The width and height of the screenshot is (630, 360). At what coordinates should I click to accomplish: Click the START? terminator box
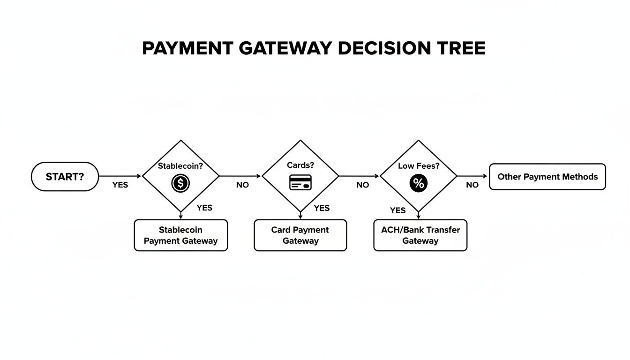point(65,177)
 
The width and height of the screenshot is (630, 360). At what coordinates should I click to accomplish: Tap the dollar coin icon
point(180,183)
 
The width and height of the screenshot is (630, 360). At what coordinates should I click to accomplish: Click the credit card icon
point(300,182)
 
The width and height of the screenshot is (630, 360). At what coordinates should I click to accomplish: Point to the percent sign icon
point(418,183)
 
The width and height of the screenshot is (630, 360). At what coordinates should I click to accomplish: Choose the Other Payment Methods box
point(547,177)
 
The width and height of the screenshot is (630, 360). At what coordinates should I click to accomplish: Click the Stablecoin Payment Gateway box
point(180,235)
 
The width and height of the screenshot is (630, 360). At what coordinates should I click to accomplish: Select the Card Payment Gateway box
point(300,235)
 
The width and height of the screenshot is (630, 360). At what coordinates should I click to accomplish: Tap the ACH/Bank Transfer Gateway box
point(420,235)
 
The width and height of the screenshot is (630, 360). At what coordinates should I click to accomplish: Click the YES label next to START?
point(120,185)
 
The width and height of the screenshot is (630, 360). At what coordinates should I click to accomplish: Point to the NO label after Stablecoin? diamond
point(242,185)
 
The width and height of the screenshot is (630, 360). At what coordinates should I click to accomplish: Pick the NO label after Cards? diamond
point(362,185)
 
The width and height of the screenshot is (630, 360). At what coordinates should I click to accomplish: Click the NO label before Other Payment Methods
point(472,185)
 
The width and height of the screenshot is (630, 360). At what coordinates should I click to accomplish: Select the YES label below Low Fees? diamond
point(397,210)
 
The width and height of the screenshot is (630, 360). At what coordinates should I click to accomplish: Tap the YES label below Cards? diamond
point(322,208)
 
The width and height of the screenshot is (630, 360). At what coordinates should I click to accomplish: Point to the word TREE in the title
point(460,49)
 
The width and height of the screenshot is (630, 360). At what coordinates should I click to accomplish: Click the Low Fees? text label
point(418,166)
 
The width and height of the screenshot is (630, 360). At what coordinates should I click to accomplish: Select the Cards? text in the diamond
point(300,165)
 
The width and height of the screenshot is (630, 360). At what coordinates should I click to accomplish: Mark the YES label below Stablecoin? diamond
point(204,208)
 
